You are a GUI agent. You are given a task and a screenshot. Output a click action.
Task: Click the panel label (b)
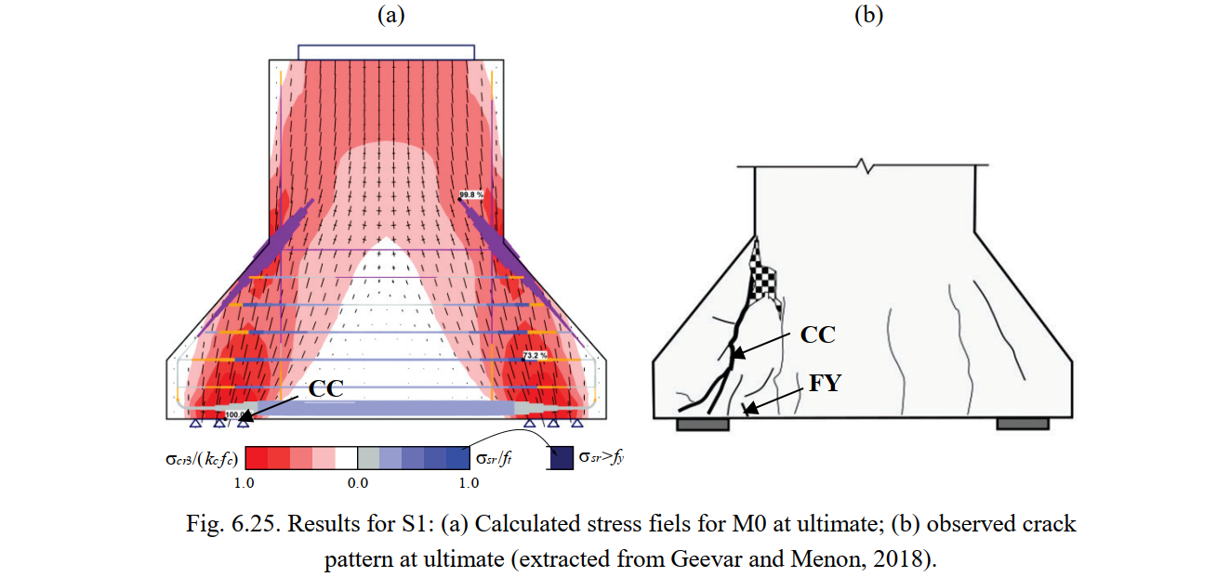point(868,15)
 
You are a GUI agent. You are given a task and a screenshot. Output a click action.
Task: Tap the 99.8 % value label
point(471,195)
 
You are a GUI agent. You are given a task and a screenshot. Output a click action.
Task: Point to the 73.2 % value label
point(534,355)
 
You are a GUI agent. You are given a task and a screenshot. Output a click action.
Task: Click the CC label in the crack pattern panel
point(818,335)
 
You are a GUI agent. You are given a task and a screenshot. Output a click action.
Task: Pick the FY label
point(825,382)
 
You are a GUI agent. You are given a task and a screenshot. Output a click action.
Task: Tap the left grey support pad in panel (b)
point(702,424)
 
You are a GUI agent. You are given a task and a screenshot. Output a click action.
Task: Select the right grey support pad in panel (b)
point(1023,424)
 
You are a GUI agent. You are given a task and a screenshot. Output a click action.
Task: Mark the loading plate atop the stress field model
point(387,52)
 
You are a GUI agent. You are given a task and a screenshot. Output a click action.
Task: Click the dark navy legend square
point(561,458)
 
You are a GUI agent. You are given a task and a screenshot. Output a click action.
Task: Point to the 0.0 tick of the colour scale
point(357,483)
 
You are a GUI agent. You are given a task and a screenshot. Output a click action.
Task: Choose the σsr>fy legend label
point(600,457)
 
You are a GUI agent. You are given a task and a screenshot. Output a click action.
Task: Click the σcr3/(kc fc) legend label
point(198,458)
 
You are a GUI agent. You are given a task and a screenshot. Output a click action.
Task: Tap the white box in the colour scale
point(346,458)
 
